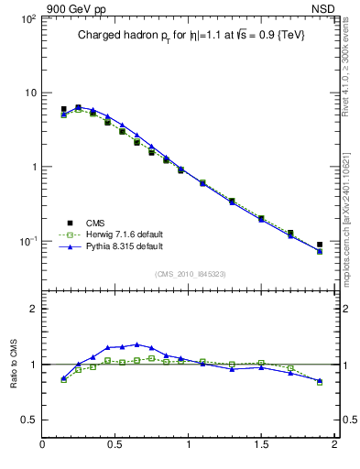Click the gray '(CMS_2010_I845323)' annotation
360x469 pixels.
(188, 273)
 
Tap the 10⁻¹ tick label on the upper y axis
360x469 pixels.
(27, 242)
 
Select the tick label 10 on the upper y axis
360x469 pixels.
(29, 93)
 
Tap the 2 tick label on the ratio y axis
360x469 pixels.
(33, 309)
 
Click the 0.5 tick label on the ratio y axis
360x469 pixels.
(28, 420)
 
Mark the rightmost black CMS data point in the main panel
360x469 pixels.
(320, 245)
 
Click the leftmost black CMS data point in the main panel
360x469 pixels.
(63, 109)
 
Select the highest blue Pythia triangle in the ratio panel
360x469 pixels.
(136, 344)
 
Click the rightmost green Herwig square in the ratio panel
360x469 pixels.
(320, 382)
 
